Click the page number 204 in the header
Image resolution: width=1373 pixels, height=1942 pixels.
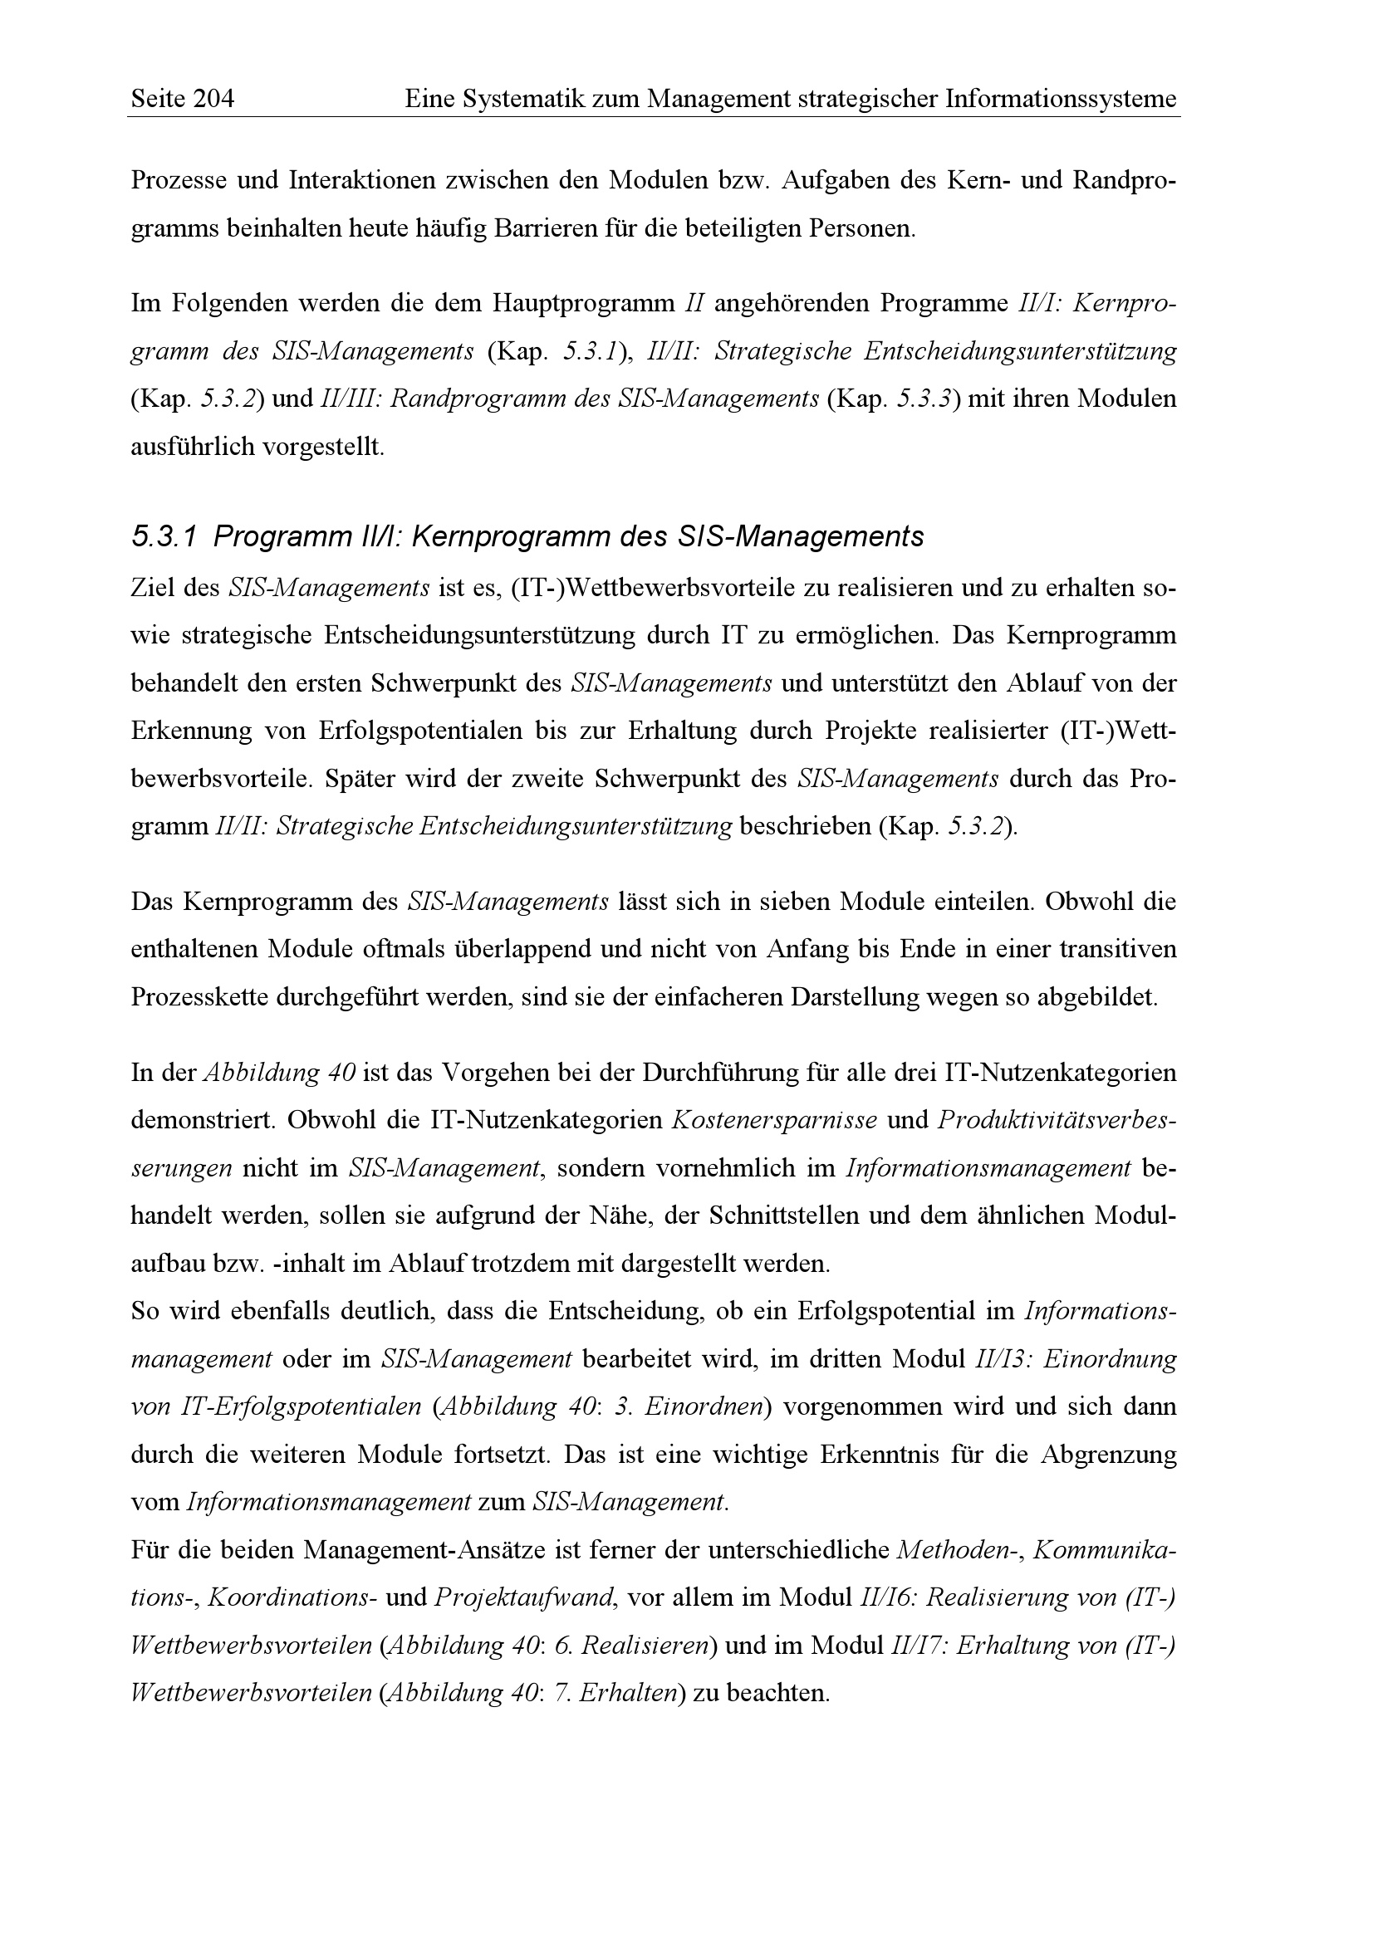click(213, 100)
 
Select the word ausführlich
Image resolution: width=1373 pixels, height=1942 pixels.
click(192, 447)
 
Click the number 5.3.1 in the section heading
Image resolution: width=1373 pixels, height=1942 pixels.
click(164, 537)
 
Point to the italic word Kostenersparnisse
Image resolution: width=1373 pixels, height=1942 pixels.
click(773, 1121)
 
